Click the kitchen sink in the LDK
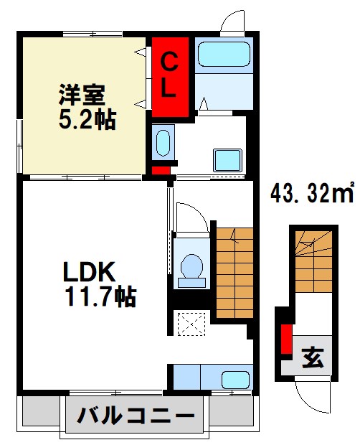235,378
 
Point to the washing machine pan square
228,158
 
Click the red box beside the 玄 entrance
286,339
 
